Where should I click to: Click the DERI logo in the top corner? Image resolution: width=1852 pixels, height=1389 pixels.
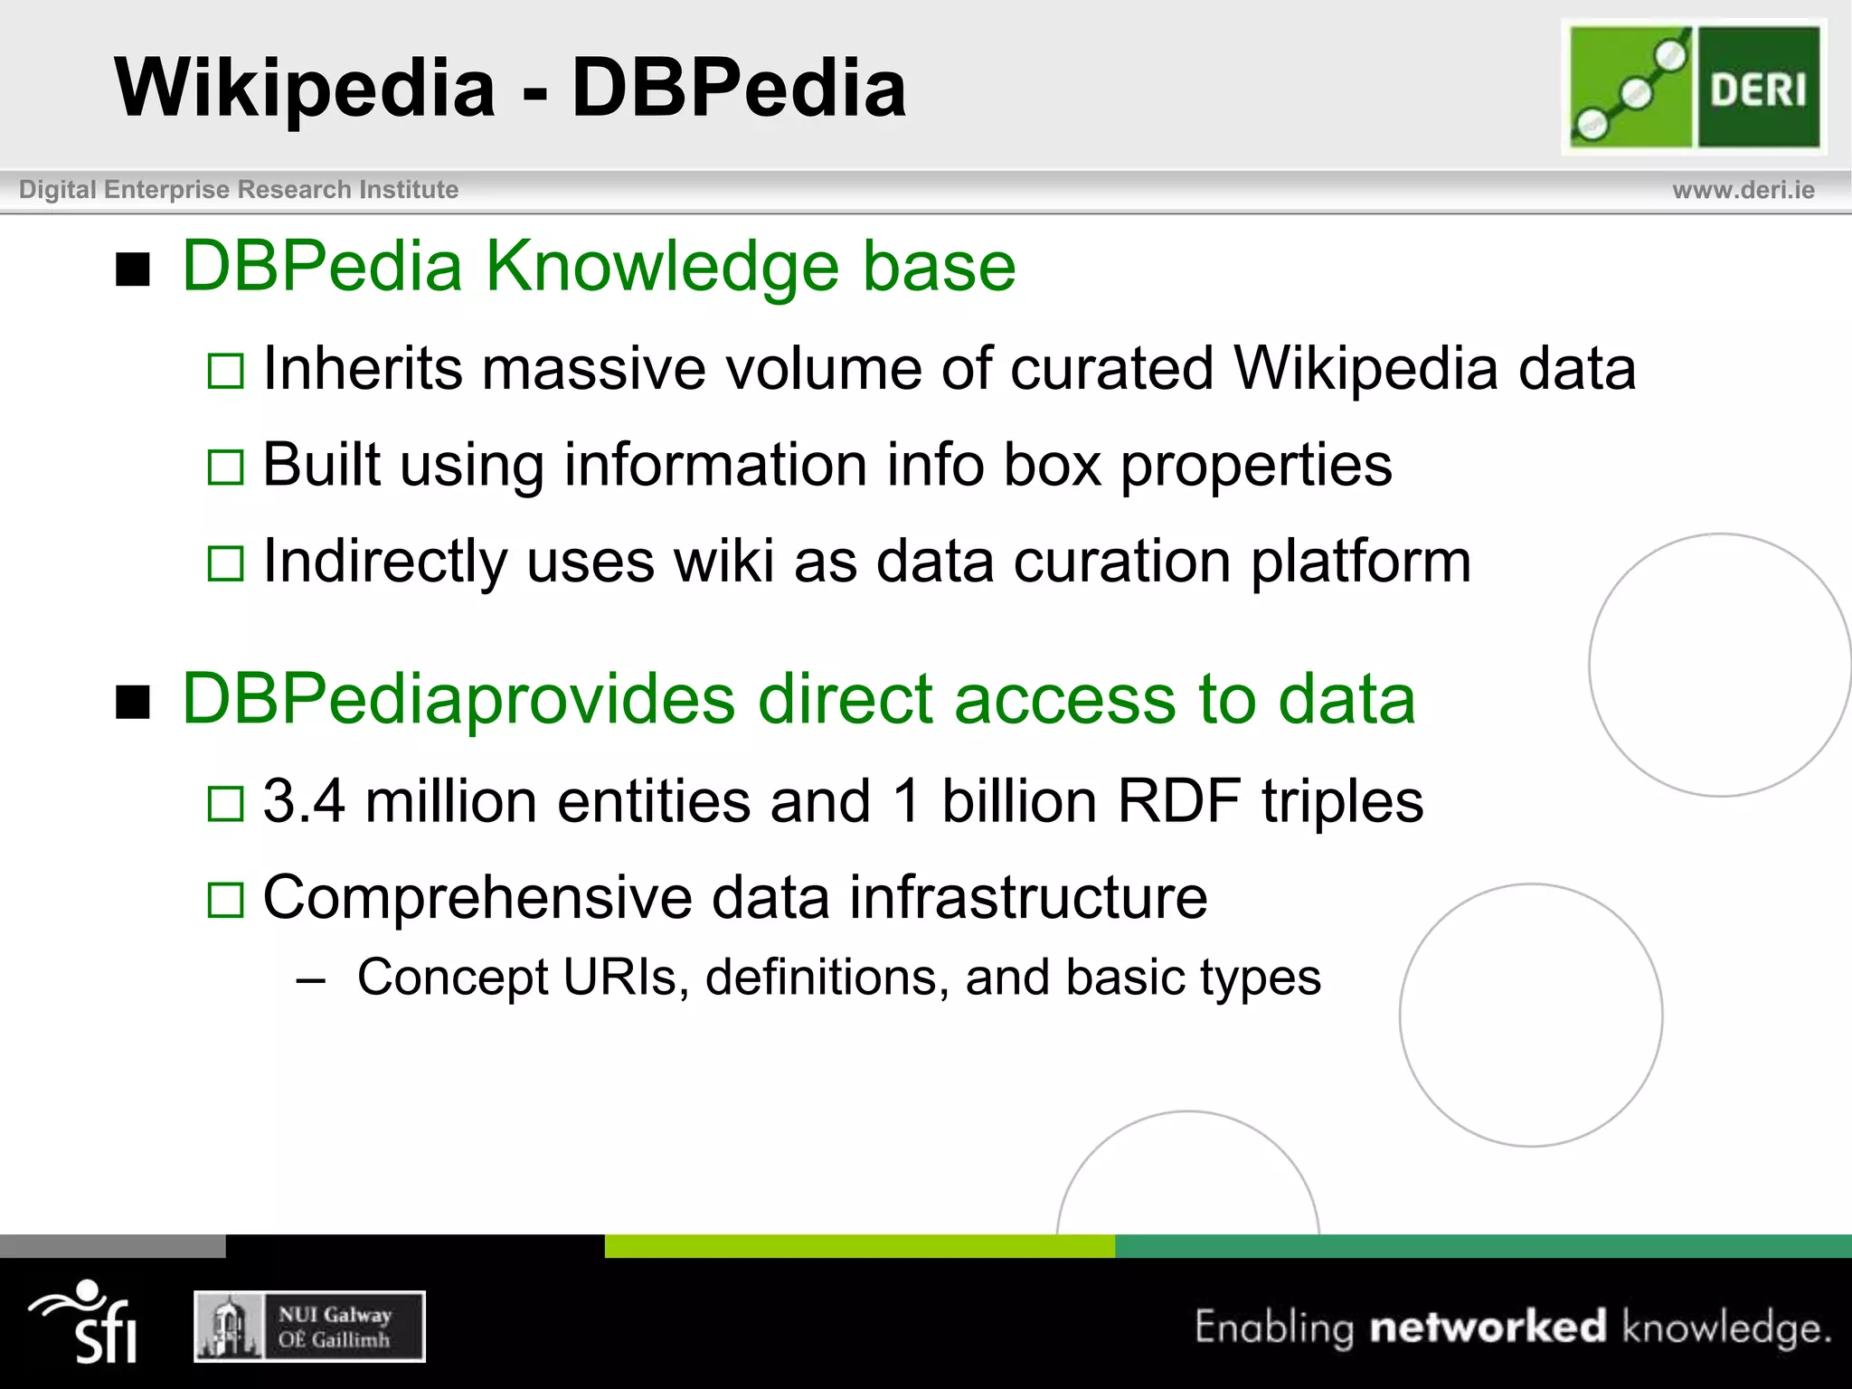[1694, 87]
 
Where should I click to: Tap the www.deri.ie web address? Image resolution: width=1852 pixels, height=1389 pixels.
[1743, 190]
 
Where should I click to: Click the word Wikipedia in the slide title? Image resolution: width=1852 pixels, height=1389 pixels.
[305, 88]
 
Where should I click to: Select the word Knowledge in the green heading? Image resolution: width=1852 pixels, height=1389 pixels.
[662, 267]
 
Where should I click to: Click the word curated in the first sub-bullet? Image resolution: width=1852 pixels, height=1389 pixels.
[1111, 369]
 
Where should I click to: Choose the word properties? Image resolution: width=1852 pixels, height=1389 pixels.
[1256, 467]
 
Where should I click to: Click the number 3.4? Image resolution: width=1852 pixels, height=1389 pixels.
[304, 802]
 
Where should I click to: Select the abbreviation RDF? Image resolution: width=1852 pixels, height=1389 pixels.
[1178, 802]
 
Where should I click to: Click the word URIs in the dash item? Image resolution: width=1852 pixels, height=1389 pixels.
[619, 978]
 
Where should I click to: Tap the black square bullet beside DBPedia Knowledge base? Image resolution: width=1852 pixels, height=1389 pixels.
[133, 269]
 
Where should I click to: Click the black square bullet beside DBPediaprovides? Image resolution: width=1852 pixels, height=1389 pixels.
[133, 702]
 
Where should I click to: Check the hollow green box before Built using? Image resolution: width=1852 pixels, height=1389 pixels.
[225, 468]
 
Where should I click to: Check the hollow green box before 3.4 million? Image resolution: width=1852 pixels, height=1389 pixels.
[225, 803]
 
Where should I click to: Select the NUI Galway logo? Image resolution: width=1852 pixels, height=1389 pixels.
[309, 1327]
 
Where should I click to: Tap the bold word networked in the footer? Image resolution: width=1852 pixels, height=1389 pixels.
[1488, 1328]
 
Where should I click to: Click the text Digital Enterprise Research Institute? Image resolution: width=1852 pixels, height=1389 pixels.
[239, 190]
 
